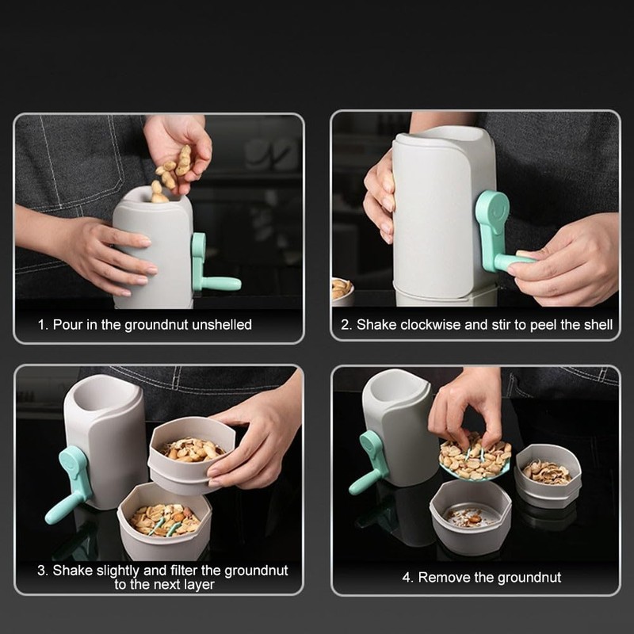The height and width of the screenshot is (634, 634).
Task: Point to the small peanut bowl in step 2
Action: pos(342,290)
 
